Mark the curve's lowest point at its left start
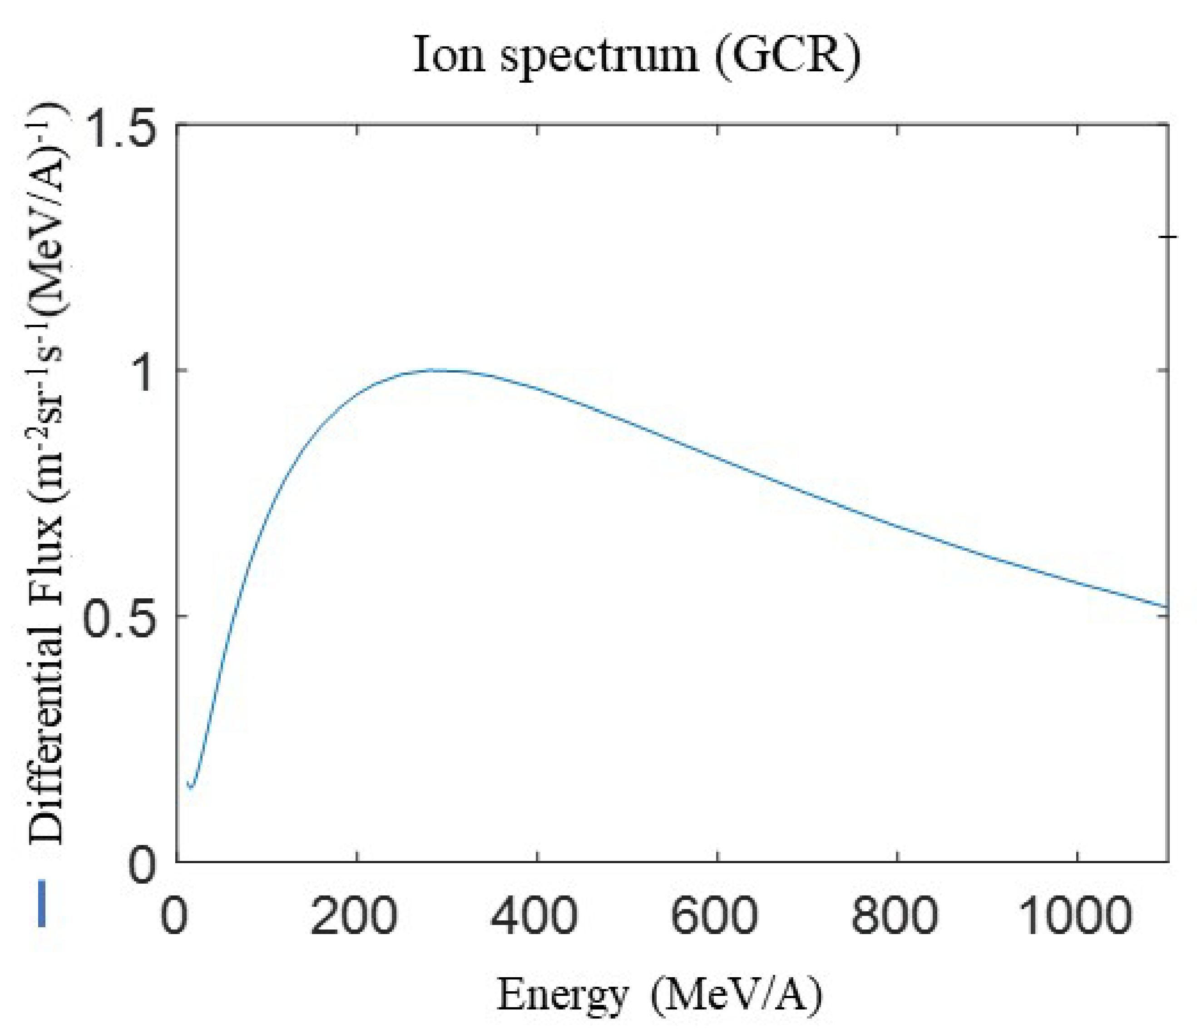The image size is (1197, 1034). coord(191,788)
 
